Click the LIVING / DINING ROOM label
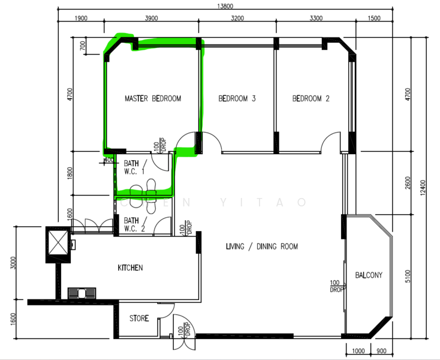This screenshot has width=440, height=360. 261,247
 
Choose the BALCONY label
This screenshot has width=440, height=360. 369,275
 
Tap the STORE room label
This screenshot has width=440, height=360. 139,319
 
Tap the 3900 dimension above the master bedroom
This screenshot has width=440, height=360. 151,19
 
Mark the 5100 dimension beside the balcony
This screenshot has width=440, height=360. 408,276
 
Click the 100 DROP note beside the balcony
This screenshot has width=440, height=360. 336,286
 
